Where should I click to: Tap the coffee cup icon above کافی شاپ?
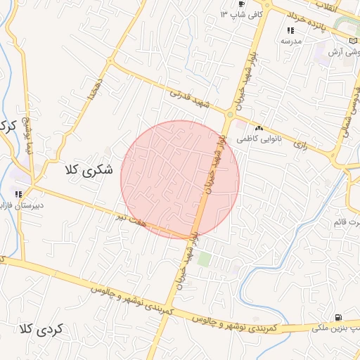(x=241, y=4)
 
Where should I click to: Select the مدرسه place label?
(x=290, y=41)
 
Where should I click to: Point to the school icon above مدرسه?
(x=290, y=30)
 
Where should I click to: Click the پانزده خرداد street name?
(x=308, y=21)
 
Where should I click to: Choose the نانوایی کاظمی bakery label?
(x=263, y=139)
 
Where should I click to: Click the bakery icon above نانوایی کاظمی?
(x=259, y=129)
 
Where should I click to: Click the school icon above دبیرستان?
(x=19, y=194)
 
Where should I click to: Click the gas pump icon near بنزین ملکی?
(x=340, y=317)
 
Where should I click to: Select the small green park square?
(x=204, y=258)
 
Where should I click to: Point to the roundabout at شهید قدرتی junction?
(x=229, y=114)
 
